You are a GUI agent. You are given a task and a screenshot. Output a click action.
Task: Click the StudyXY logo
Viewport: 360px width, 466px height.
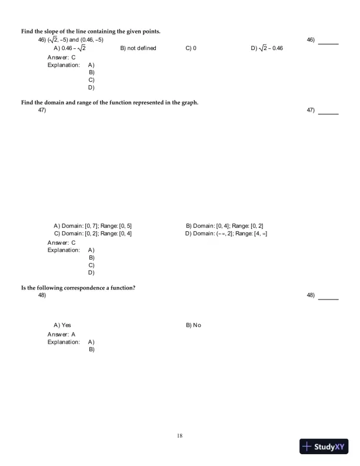click(x=324, y=446)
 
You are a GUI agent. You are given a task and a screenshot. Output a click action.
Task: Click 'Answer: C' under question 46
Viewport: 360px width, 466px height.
click(x=59, y=57)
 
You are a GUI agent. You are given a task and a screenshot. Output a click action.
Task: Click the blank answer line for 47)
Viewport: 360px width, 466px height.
click(x=328, y=114)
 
